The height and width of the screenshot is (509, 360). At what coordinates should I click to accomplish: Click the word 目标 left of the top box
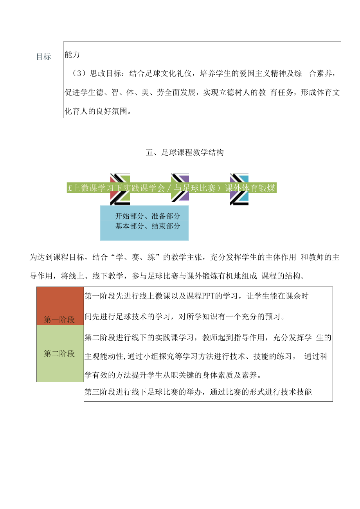tap(43, 57)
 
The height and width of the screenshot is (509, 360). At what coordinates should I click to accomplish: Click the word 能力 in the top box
tap(72, 54)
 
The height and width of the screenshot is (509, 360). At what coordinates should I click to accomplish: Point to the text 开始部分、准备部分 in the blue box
tap(148, 216)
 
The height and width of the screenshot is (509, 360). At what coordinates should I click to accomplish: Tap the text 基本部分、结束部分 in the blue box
tap(148, 226)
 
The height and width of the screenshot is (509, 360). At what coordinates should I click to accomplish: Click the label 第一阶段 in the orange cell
tap(59, 320)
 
